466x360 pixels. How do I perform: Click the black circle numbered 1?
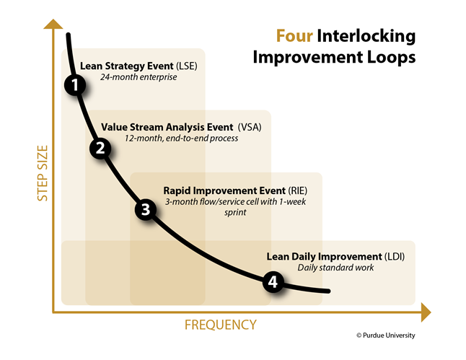click(75, 85)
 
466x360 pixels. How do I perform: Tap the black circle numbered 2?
click(100, 148)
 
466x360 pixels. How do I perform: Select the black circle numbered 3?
click(146, 209)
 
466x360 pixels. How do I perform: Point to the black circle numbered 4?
click(273, 281)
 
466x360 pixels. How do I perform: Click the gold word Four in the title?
click(294, 36)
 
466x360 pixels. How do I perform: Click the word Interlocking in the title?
click(366, 37)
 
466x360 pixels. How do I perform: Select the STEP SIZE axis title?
click(43, 173)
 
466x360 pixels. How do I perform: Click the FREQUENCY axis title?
click(220, 325)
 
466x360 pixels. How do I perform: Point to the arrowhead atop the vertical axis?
click(53, 24)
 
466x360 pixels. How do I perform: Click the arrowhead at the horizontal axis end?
click(426, 312)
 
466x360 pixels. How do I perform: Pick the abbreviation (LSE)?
click(186, 66)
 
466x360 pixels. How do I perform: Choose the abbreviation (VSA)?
click(250, 127)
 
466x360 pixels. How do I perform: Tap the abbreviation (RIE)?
click(297, 190)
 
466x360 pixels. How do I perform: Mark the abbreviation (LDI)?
click(395, 256)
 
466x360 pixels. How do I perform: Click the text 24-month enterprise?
click(139, 77)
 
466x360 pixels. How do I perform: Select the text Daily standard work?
click(335, 268)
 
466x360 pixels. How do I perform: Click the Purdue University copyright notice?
click(386, 335)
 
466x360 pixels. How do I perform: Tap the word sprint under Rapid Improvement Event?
click(235, 213)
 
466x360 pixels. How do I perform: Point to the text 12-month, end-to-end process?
click(181, 139)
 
